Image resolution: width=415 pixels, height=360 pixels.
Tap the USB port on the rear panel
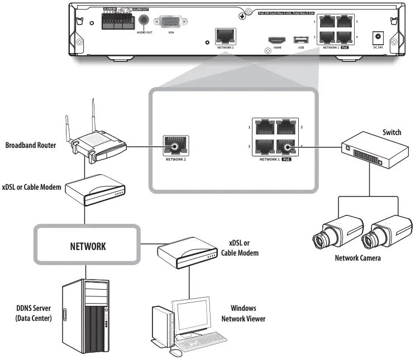coord(301,40)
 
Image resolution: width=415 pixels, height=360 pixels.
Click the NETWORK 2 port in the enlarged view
coord(175,147)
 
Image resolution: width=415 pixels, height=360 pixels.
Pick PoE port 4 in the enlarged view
coord(288,147)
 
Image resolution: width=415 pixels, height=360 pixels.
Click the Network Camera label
coord(357,258)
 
